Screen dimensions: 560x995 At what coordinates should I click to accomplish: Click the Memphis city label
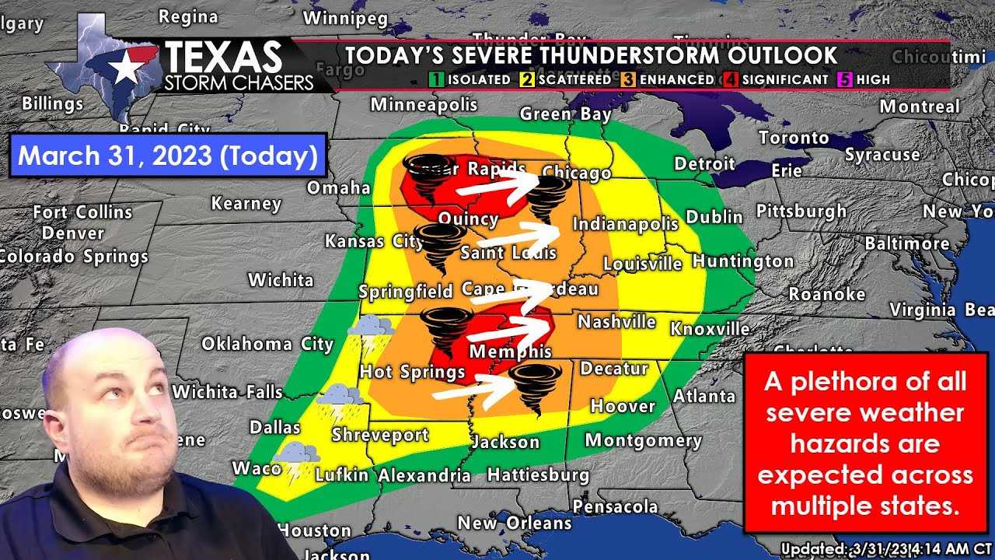pos(511,352)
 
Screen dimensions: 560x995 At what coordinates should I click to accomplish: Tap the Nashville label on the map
pos(616,321)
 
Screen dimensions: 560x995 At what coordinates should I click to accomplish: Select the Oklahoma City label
pos(267,344)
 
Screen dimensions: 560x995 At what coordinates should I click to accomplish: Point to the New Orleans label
pos(514,523)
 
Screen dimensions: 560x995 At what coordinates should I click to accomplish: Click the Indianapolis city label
pos(625,225)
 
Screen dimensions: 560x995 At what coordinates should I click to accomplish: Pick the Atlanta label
pos(703,396)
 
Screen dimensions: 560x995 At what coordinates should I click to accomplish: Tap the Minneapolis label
pos(424,104)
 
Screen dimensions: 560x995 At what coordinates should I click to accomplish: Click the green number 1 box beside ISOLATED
pos(436,79)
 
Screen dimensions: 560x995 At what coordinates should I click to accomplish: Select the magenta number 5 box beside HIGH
pos(844,79)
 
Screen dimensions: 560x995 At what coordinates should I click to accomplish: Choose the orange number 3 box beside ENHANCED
pos(628,79)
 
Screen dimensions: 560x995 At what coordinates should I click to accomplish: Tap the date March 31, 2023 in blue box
pos(167,156)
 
